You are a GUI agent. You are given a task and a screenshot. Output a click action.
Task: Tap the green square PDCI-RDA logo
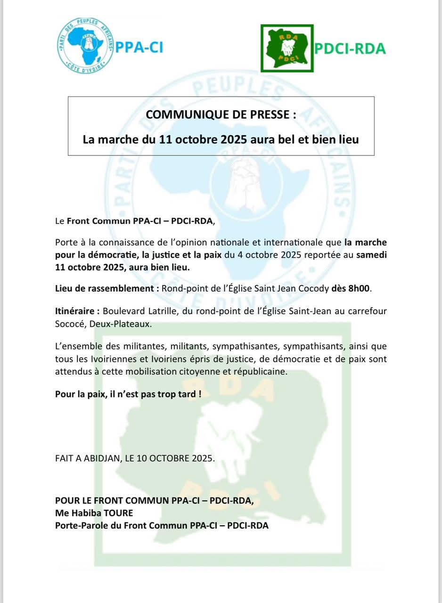[x=286, y=49]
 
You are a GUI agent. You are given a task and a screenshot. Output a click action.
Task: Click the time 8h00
[x=358, y=289]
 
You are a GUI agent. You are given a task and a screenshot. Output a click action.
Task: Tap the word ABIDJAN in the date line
[x=100, y=458]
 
